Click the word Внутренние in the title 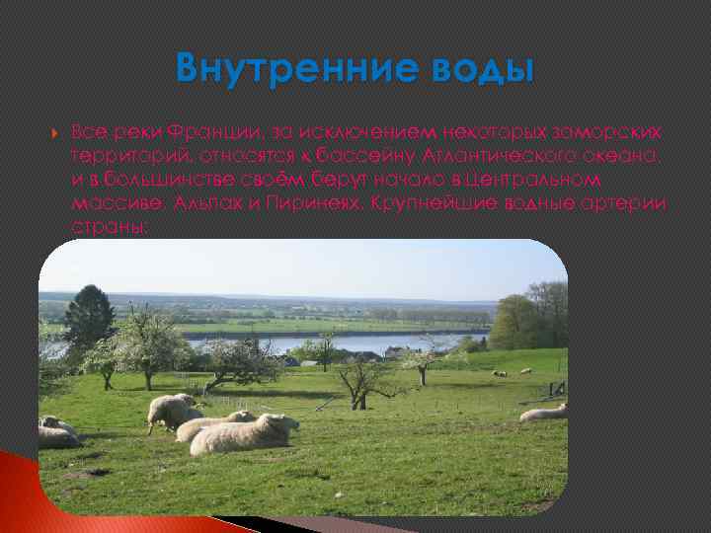(x=278, y=69)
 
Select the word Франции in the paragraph (x=201, y=133)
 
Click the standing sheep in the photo (x=173, y=410)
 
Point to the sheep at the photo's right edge (x=545, y=413)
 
